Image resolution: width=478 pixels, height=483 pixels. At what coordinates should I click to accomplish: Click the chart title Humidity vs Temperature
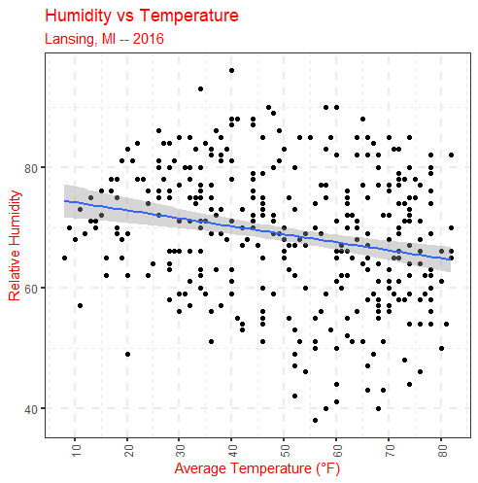pos(142,17)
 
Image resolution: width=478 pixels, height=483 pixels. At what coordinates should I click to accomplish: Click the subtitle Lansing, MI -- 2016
pos(104,39)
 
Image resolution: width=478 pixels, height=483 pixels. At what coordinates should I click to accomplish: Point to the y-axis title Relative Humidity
pos(15,246)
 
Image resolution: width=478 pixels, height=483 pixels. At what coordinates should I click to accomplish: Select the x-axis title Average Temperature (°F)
pos(257,468)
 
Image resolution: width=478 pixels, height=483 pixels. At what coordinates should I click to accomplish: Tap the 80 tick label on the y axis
pos(31,168)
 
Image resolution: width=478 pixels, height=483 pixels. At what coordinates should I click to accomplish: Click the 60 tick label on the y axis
pos(31,289)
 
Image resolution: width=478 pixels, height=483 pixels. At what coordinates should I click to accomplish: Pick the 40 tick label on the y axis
pos(31,409)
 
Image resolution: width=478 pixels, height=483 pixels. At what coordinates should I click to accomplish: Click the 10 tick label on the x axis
pos(76,450)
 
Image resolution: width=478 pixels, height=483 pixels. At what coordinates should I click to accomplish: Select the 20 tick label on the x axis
pos(128,450)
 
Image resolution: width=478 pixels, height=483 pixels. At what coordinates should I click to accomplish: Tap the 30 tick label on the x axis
pos(181,450)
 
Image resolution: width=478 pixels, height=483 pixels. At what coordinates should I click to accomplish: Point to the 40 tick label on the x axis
pos(233,450)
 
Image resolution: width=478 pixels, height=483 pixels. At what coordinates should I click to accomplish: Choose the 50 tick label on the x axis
pos(285,450)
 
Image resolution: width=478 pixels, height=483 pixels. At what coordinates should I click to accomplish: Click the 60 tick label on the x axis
pos(337,450)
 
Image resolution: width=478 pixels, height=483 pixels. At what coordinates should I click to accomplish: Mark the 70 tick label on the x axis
pos(390,450)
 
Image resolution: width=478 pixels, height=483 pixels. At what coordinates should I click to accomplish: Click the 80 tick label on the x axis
pos(442,450)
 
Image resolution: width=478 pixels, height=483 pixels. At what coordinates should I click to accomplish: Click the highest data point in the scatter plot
pos(231,71)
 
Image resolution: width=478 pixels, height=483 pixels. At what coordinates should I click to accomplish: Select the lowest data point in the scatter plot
pos(315,420)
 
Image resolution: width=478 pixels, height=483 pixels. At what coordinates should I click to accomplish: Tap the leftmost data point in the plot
pos(64,258)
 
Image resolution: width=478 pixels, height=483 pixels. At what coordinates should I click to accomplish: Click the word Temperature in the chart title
pos(189,17)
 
